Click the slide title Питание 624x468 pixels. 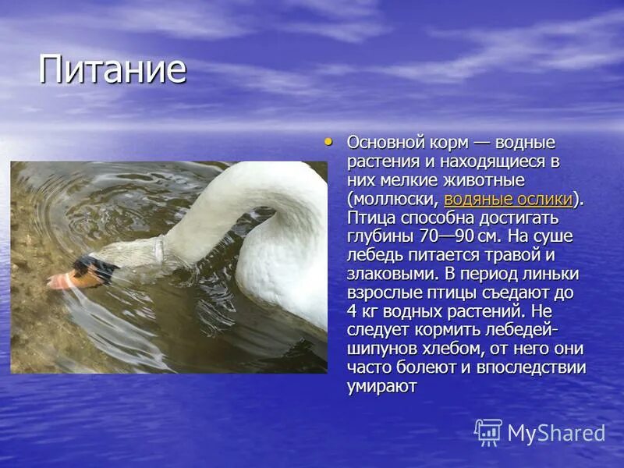(112, 69)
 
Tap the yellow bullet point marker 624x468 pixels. (328, 142)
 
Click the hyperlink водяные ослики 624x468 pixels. (508, 199)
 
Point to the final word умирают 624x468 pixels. (382, 386)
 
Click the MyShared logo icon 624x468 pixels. (488, 432)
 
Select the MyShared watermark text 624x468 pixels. (556, 434)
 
